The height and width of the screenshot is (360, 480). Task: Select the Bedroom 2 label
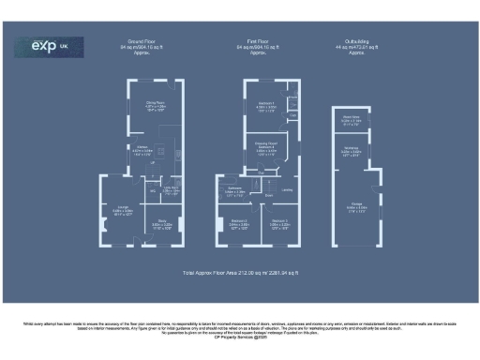[x=240, y=224]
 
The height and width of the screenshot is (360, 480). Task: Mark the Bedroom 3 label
[x=278, y=224]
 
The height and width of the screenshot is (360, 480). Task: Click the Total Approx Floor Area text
[x=240, y=272]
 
